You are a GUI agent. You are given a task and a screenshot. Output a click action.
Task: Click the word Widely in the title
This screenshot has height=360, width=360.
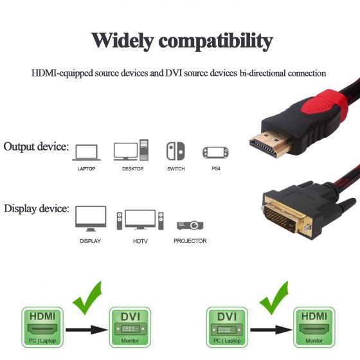[123, 41]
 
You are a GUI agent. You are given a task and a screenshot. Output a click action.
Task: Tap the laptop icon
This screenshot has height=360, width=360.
[86, 152]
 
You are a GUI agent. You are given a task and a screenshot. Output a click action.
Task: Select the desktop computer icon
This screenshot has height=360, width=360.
[131, 150]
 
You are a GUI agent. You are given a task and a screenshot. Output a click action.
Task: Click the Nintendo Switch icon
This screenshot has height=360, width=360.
[175, 151]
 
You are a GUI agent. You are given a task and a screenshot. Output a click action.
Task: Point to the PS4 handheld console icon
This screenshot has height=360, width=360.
[215, 153]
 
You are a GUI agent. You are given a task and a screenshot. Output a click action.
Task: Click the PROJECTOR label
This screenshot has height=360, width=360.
[190, 241]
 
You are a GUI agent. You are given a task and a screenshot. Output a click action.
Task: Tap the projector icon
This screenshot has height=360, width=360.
[190, 225]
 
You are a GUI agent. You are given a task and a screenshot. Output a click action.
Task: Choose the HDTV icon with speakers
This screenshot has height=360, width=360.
[140, 220]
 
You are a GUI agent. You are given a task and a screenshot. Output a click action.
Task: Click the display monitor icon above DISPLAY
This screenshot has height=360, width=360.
[91, 219]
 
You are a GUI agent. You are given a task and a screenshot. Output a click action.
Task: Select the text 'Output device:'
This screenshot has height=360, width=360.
[36, 147]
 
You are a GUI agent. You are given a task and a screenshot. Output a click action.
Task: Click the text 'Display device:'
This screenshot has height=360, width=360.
[37, 209]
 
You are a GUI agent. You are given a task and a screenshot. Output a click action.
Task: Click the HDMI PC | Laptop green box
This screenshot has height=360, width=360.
[42, 327]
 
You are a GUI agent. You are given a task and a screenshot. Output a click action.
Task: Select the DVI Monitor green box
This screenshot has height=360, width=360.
[130, 327]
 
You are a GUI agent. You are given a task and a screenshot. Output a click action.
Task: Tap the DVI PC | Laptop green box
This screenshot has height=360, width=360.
[227, 327]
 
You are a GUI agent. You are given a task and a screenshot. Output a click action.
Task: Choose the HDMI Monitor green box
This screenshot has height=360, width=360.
[314, 327]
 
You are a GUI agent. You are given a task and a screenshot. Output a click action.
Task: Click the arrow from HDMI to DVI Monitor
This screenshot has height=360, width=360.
[87, 330]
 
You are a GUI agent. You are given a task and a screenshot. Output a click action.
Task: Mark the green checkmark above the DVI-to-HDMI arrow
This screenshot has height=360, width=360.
[274, 298]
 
